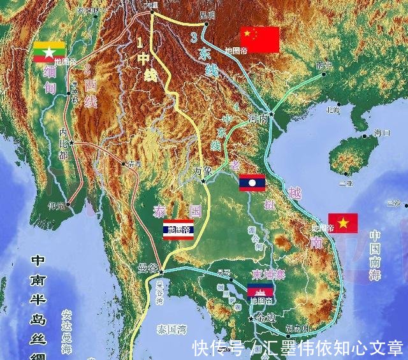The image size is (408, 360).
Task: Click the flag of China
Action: coord(259,40)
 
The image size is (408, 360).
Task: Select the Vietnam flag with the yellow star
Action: coord(342,223)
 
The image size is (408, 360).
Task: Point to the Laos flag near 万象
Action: coord(251,183)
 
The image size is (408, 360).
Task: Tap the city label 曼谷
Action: coord(147,268)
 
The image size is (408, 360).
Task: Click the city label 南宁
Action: coord(323,65)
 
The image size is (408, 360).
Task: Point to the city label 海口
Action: coord(382,133)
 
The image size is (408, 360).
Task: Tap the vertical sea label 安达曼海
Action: coord(67,331)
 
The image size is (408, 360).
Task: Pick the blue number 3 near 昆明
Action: coord(194,38)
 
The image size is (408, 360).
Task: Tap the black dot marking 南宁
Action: coord(324,74)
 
